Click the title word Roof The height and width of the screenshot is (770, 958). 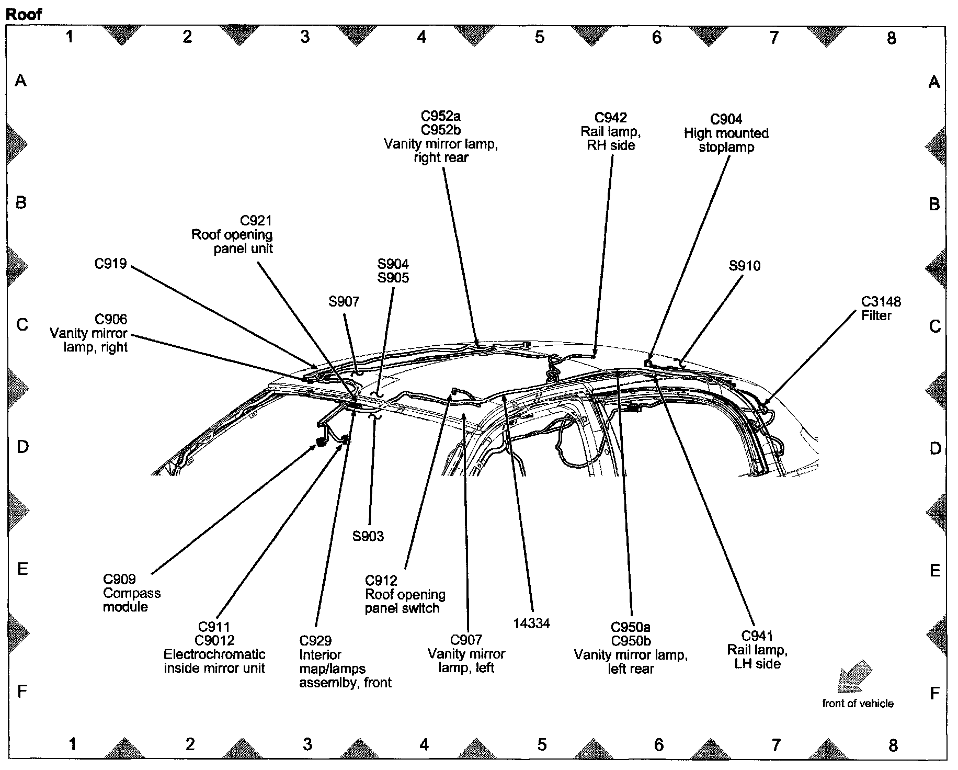tap(24, 14)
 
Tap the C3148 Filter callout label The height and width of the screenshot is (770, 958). tap(881, 309)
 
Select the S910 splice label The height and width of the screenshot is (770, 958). tap(745, 266)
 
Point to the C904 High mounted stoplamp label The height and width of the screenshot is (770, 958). tap(726, 133)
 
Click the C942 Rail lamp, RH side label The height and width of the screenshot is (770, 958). tap(611, 131)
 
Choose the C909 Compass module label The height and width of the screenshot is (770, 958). tap(131, 593)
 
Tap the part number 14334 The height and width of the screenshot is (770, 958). tap(531, 623)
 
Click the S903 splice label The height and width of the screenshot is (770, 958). tap(368, 536)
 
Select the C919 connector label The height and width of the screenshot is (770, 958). tap(110, 264)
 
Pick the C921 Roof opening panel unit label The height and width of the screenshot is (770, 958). tap(233, 234)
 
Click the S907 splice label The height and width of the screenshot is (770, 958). tap(344, 301)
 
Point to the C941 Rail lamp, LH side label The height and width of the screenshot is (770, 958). tap(757, 650)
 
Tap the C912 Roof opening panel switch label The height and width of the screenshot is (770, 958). tap(405, 594)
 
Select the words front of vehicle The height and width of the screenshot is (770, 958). tap(858, 704)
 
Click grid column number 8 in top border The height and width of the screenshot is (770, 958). tap(892, 38)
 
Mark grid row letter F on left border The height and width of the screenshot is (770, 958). tap(22, 692)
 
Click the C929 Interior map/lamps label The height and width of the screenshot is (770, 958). tap(345, 661)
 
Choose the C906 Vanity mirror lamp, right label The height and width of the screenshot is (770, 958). tap(89, 333)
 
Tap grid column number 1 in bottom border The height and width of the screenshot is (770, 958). tap(73, 743)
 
